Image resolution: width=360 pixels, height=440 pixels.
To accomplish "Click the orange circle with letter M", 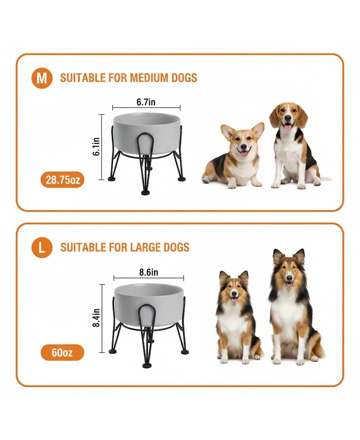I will pos(42,78).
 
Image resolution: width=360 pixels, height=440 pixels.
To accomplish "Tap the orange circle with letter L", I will pos(42,247).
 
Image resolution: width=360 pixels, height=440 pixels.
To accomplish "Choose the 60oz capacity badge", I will pos(63,352).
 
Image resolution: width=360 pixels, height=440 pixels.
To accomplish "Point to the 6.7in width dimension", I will pos(146,102).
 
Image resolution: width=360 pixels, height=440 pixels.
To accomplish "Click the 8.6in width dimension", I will pos(148,272).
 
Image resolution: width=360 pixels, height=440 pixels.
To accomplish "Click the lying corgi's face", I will pos(243,145).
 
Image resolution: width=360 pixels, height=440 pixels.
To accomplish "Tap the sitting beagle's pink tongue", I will pos(288,128).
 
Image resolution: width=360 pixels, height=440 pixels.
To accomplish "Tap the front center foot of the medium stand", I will pos(146,192).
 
